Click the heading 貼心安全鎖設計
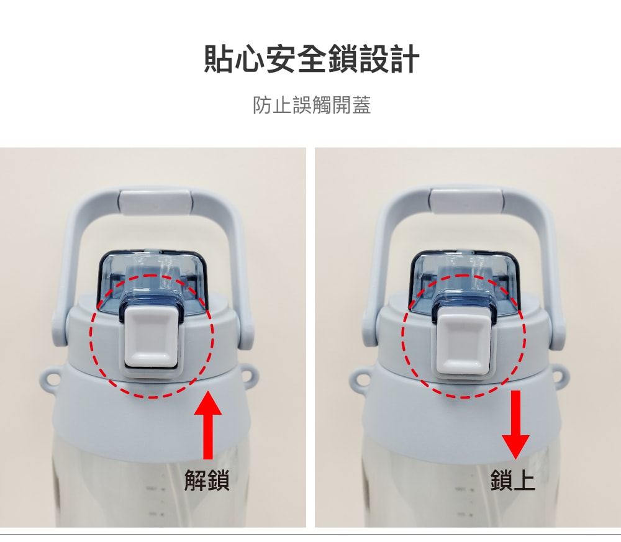point(311,59)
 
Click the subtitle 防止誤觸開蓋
point(312,106)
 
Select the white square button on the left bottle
point(152,337)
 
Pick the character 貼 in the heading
point(219,59)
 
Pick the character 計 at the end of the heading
point(405,59)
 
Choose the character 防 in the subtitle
point(262,106)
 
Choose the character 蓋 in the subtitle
point(361,106)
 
